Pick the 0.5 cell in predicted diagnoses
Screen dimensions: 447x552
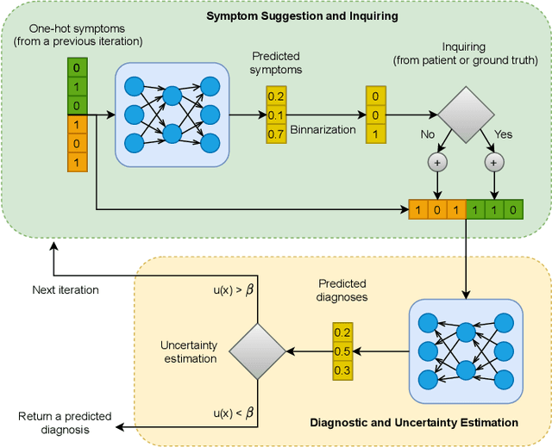point(342,351)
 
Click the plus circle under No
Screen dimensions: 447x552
point(438,161)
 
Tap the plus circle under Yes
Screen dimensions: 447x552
point(492,161)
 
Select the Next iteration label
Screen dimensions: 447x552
point(66,289)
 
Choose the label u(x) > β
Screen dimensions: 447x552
point(233,290)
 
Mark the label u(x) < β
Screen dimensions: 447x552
point(233,415)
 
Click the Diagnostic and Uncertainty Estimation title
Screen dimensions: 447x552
point(414,422)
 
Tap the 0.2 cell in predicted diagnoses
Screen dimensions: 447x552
point(342,332)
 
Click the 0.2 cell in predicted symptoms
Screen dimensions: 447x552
point(276,96)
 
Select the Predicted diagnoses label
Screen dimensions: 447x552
point(342,289)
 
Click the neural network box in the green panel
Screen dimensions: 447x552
point(172,114)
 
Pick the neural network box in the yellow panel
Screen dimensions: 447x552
point(466,351)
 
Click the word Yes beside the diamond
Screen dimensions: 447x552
point(503,135)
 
